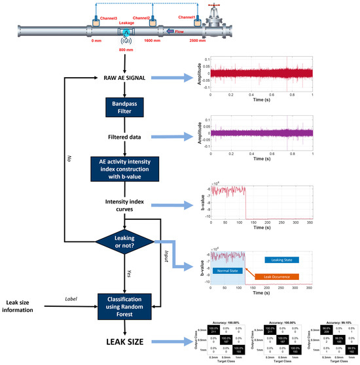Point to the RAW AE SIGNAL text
123,78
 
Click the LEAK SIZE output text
122,341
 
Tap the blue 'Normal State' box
228,270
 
